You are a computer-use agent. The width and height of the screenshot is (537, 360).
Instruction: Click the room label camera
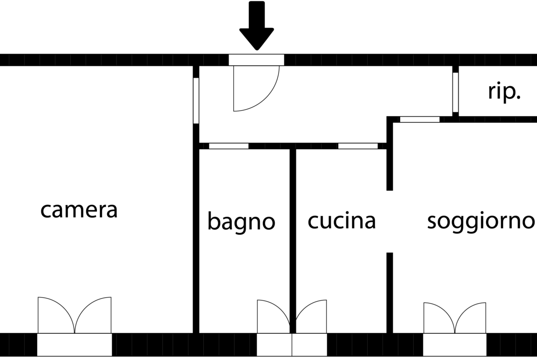pyautogui.click(x=79, y=210)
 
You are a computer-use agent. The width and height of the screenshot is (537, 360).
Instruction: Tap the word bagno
pyautogui.click(x=241, y=222)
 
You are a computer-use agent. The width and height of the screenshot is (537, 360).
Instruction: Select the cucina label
pyautogui.click(x=342, y=221)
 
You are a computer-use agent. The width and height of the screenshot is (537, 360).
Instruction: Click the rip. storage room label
pyautogui.click(x=504, y=92)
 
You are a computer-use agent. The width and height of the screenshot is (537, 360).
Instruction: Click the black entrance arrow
pyautogui.click(x=257, y=26)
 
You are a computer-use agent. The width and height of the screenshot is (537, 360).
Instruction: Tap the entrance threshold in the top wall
pyautogui.click(x=256, y=60)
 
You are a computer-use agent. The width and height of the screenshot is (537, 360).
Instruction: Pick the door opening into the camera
pyautogui.click(x=196, y=100)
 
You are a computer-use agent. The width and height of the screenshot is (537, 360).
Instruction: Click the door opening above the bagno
pyautogui.click(x=229, y=146)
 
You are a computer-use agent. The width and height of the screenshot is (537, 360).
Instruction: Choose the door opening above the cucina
pyautogui.click(x=358, y=146)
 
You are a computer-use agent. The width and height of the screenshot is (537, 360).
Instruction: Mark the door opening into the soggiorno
pyautogui.click(x=420, y=119)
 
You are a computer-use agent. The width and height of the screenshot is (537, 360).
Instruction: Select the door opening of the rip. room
pyautogui.click(x=455, y=92)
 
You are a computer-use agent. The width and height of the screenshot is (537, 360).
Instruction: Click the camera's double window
pyautogui.click(x=75, y=315)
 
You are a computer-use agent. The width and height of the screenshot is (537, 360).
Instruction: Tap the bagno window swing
pyautogui.click(x=274, y=316)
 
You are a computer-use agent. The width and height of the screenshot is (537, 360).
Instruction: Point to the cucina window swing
pyautogui.click(x=311, y=316)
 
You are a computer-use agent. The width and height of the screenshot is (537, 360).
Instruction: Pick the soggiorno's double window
pyautogui.click(x=455, y=318)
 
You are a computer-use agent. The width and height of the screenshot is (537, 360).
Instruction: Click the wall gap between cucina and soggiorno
pyautogui.click(x=390, y=222)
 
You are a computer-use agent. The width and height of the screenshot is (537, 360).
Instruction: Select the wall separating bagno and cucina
pyautogui.click(x=292, y=241)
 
